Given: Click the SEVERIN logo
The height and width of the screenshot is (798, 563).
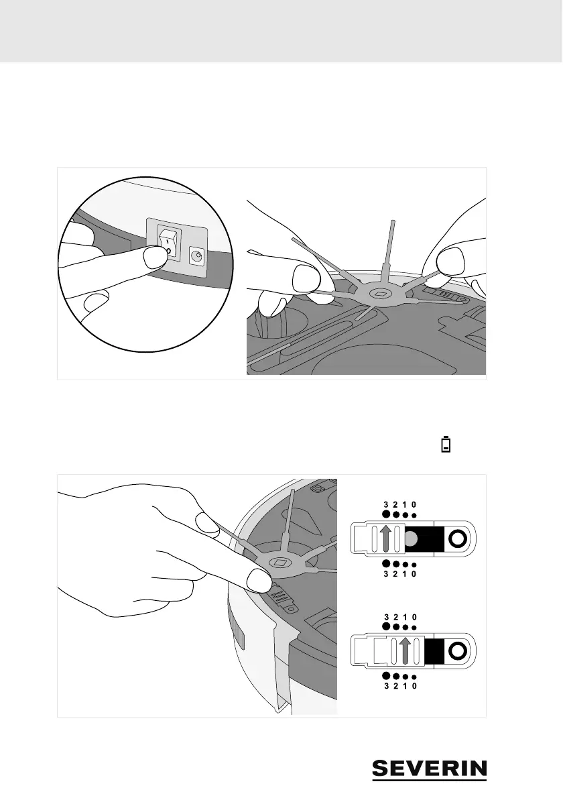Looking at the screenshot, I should click(430, 769).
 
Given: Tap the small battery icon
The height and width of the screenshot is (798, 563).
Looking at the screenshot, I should click(445, 444).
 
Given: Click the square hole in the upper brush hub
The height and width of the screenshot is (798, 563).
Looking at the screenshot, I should click(381, 294).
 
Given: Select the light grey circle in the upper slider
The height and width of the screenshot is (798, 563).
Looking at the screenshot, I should click(414, 538).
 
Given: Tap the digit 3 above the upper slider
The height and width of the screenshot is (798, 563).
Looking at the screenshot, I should click(386, 504).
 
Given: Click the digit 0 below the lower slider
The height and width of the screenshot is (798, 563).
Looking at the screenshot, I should click(415, 685).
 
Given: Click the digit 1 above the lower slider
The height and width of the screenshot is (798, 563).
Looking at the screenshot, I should click(405, 616).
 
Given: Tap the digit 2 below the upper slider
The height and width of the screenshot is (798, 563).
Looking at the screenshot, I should click(396, 573).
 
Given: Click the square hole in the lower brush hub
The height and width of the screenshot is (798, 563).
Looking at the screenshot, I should click(281, 560).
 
